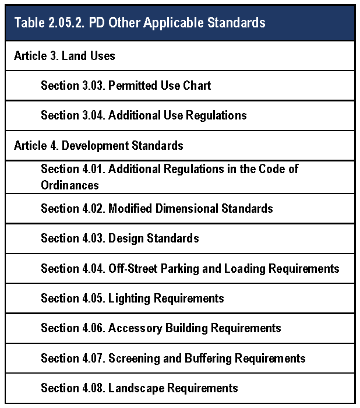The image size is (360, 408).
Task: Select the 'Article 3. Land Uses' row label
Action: [65, 56]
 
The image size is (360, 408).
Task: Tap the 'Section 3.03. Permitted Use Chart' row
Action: [126, 86]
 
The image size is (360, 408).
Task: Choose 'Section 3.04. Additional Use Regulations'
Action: [143, 115]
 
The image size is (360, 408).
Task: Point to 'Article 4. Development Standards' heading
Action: [98, 146]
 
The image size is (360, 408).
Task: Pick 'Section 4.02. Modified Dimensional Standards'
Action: [157, 208]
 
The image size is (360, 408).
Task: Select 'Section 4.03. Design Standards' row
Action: [119, 238]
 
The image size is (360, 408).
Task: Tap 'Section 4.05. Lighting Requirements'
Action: [132, 298]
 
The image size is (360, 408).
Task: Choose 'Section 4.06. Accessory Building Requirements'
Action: [161, 328]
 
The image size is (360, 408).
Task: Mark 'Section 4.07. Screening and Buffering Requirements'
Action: [173, 358]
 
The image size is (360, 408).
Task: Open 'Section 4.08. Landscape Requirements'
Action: [139, 388]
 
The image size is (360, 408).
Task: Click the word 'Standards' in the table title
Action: [238, 23]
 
